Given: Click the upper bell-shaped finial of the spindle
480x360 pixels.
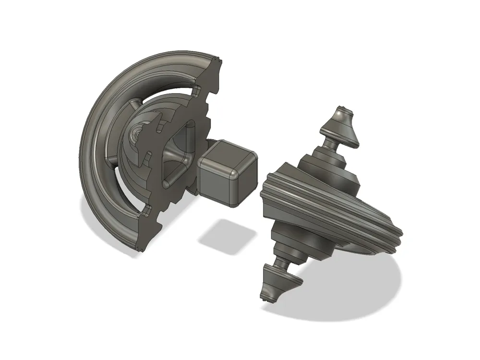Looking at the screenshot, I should click(341, 125).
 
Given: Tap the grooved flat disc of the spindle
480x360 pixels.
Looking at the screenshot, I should click(331, 211).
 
